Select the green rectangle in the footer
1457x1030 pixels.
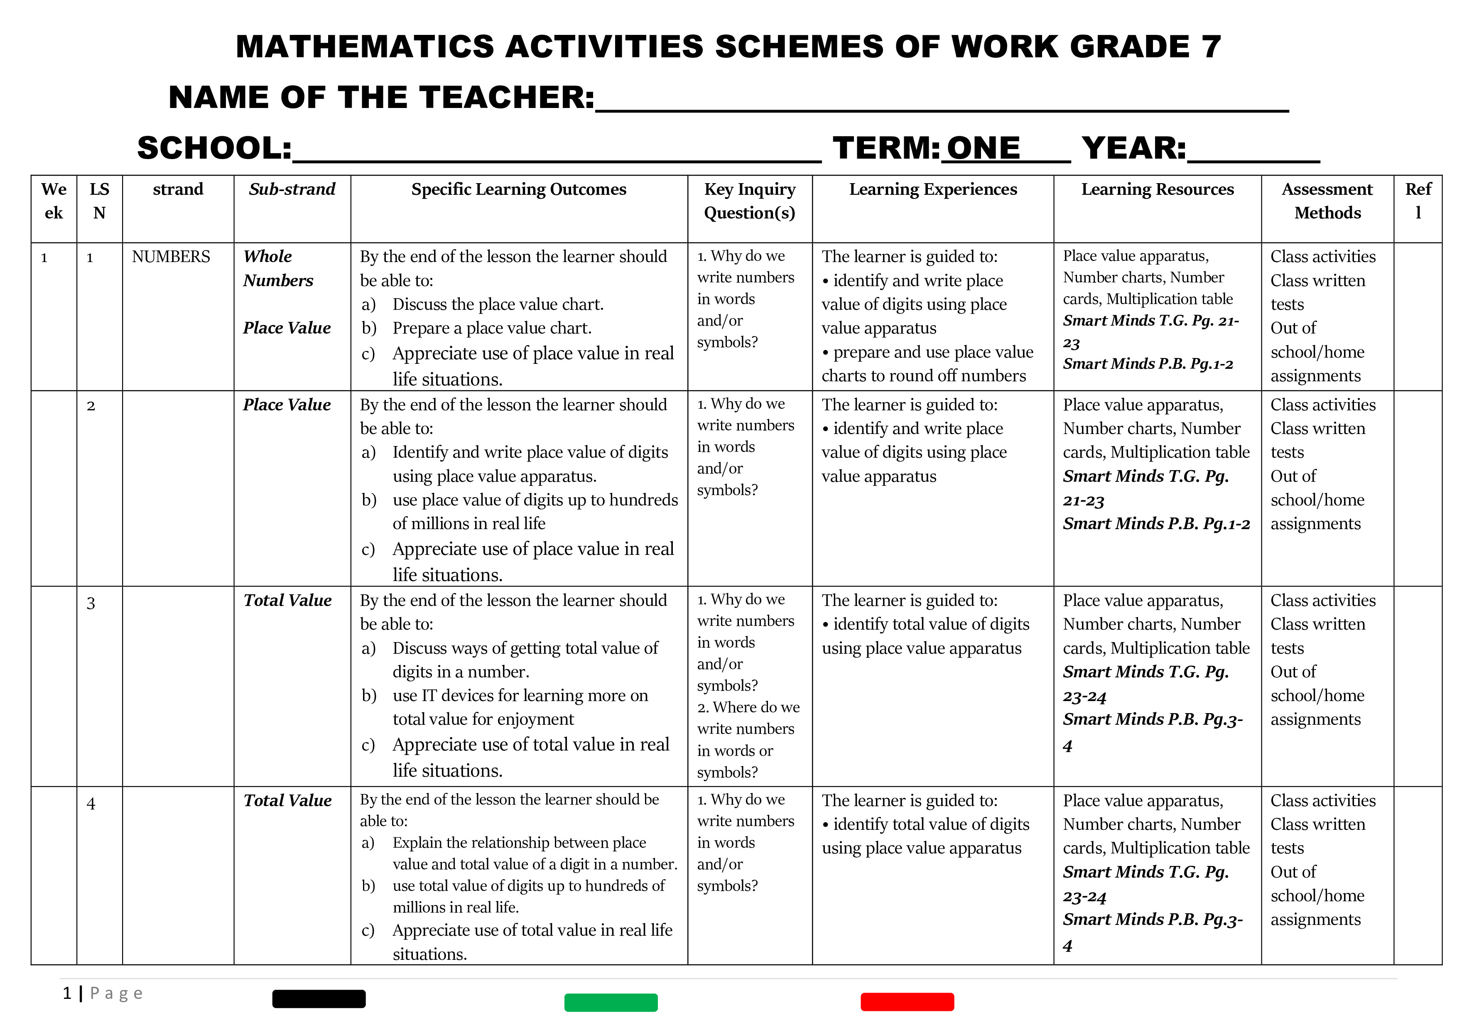pyautogui.click(x=611, y=1003)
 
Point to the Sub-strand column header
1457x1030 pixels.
pyautogui.click(x=292, y=189)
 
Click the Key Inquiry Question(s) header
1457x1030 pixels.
pyautogui.click(x=749, y=201)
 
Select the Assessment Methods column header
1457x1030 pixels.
pyautogui.click(x=1327, y=201)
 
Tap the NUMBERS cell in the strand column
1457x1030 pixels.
pyautogui.click(x=171, y=256)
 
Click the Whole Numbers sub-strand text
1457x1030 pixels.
pyautogui.click(x=277, y=268)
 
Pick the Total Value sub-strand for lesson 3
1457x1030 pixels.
pyautogui.click(x=287, y=601)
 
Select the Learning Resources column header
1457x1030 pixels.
pyautogui.click(x=1158, y=189)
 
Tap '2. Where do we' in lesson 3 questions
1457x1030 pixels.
pyautogui.click(x=748, y=707)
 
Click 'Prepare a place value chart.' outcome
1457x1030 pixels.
pyautogui.click(x=492, y=328)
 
